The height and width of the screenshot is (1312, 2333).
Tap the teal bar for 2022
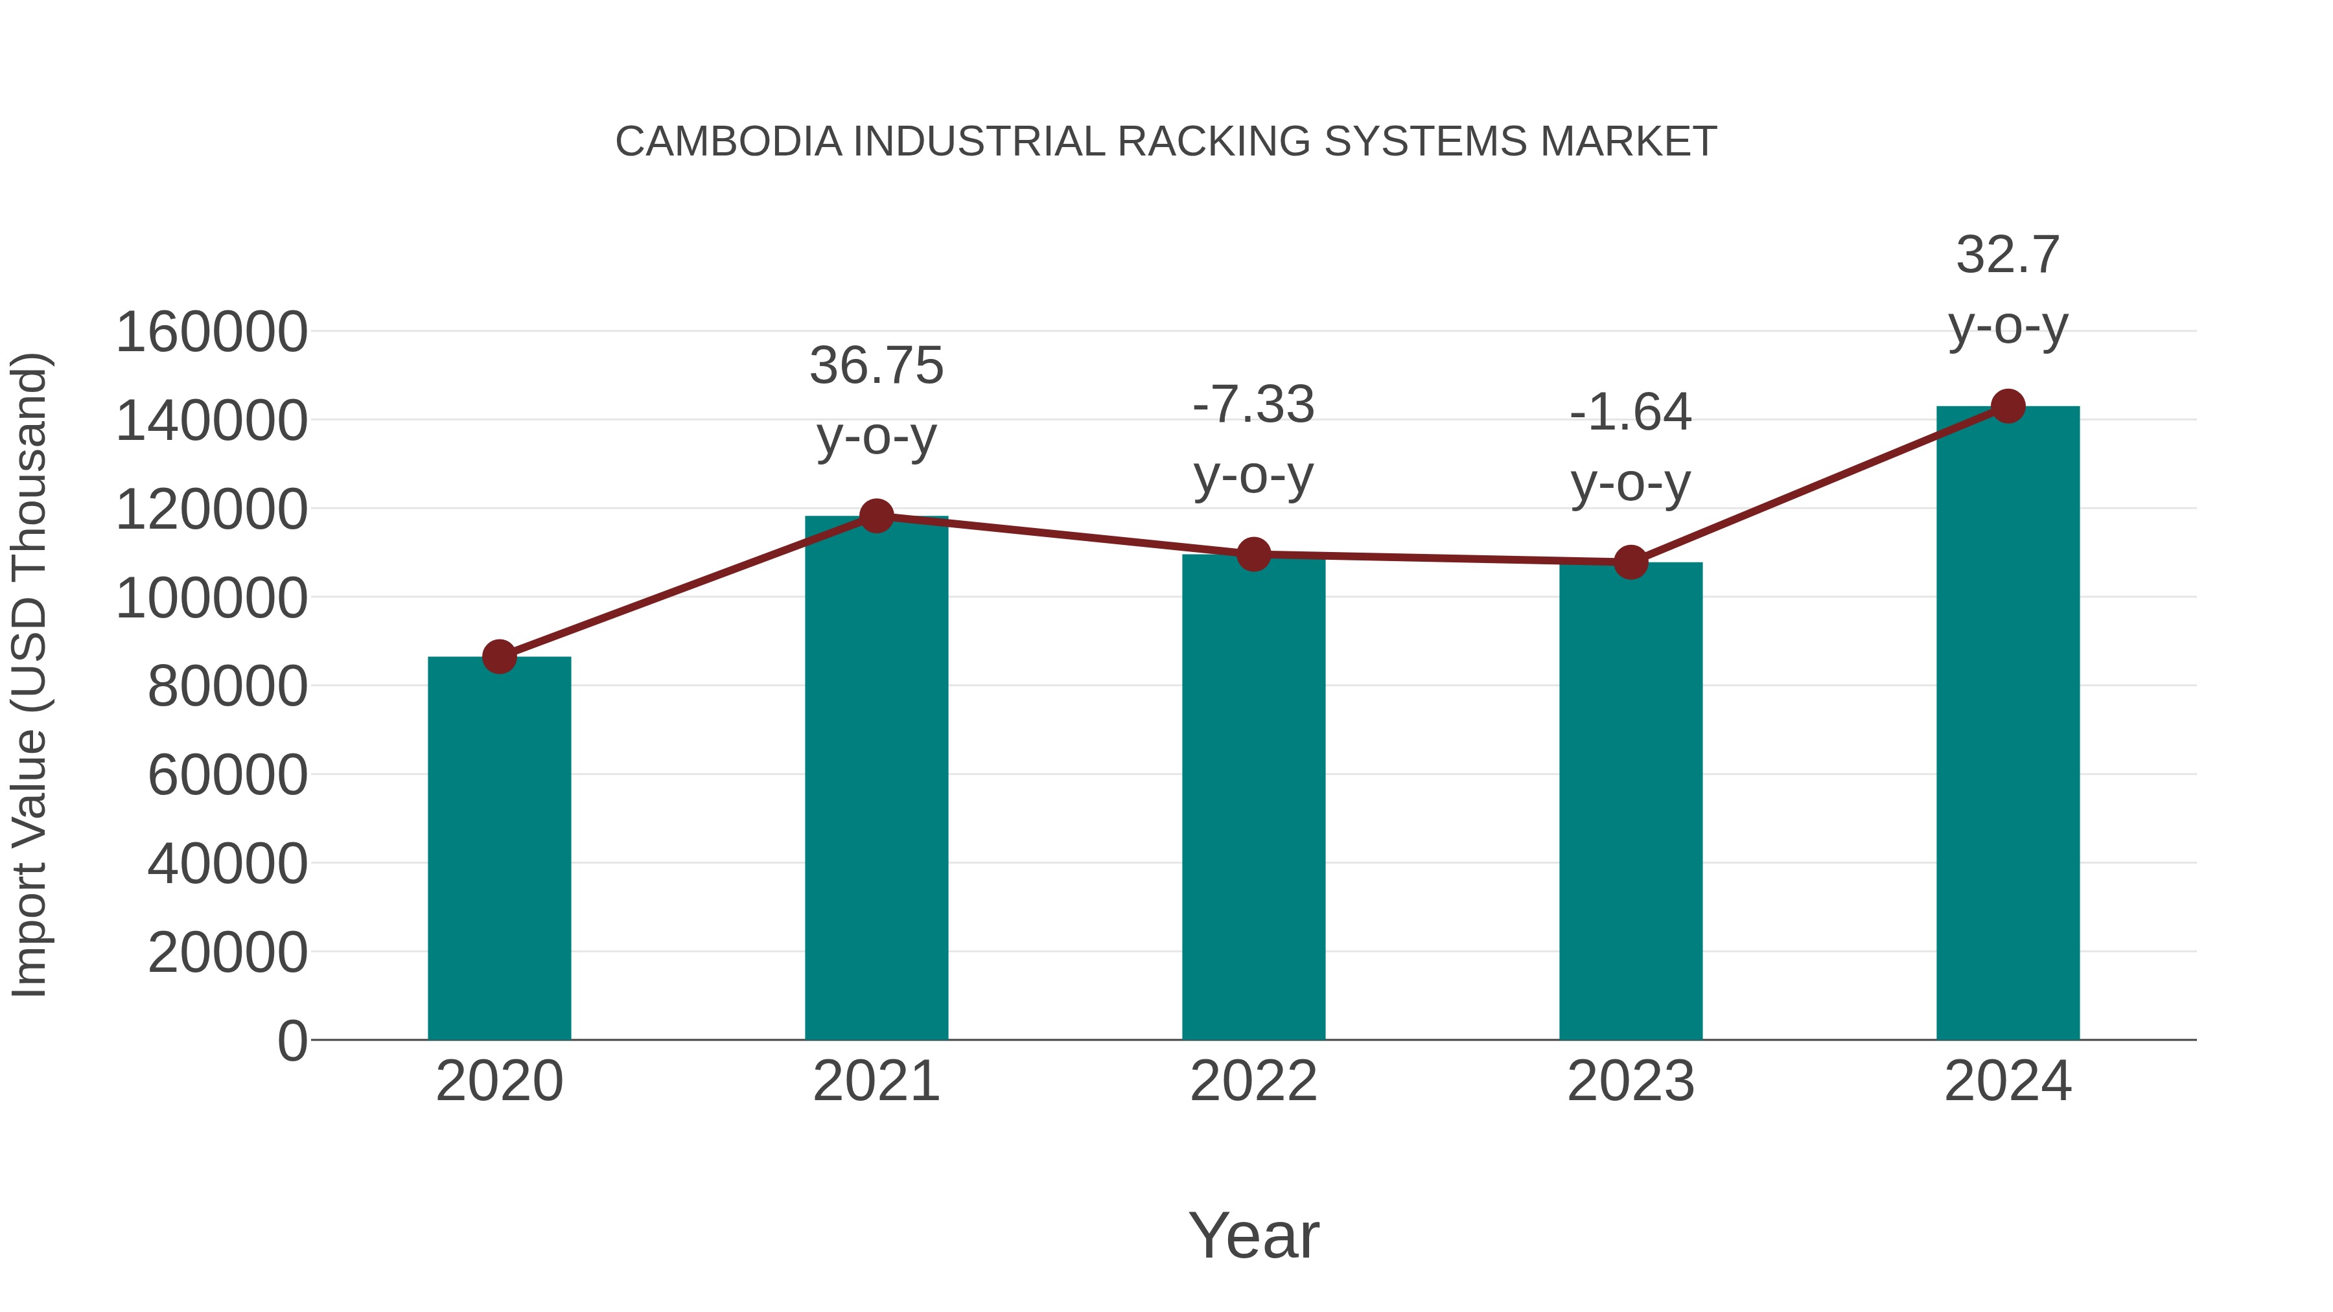coord(1253,797)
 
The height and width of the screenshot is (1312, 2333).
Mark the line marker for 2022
coord(1253,554)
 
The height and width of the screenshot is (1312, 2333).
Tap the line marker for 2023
coord(1631,562)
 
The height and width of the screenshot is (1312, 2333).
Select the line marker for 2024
coord(2008,406)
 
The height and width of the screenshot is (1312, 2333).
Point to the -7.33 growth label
coord(1253,405)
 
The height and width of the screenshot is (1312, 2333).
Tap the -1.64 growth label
coord(1631,413)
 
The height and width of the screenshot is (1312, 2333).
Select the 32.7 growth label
coord(2008,255)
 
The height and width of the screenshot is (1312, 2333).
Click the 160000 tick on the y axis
coord(212,332)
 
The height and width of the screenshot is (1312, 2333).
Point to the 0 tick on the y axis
coord(292,1041)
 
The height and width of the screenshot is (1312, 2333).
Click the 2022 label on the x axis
coord(1253,1081)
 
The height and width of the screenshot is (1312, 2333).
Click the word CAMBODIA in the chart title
coord(729,142)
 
